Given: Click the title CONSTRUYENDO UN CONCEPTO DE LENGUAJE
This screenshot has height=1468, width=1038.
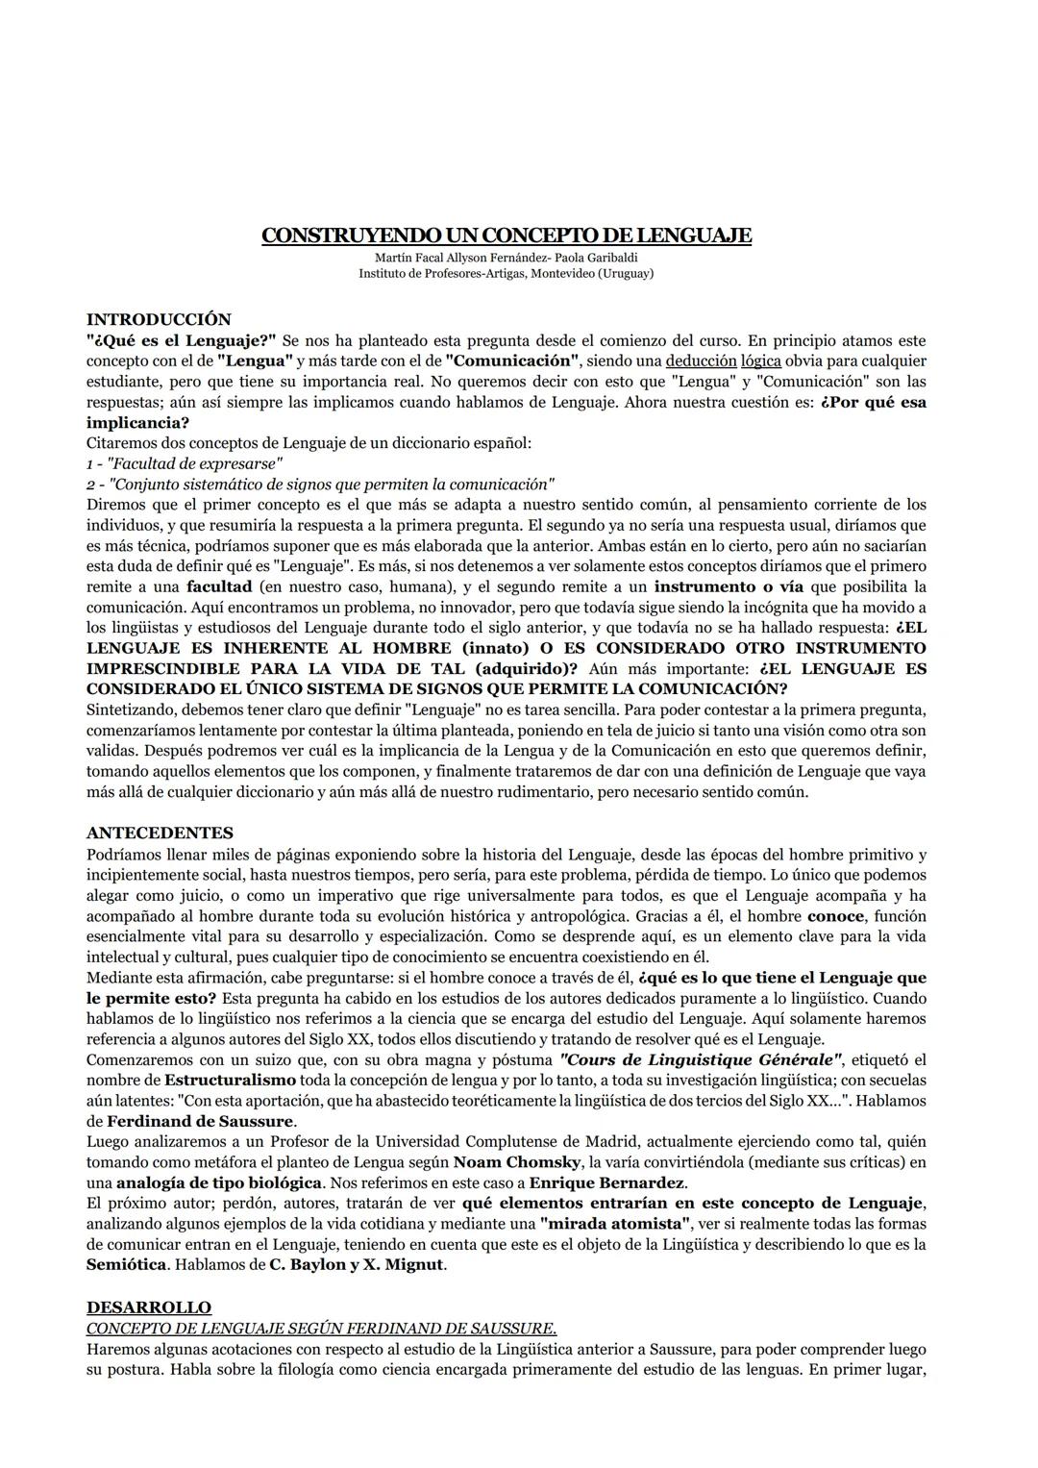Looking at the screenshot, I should click(507, 236).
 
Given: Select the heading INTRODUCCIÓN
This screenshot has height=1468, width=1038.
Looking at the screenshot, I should click(159, 319).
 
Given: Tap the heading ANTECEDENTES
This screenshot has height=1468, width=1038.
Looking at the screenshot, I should click(160, 833).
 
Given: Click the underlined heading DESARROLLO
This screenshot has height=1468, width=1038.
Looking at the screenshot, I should click(148, 1307).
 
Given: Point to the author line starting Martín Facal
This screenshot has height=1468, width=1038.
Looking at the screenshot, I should click(506, 258).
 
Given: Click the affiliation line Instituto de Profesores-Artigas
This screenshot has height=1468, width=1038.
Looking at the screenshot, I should click(506, 273).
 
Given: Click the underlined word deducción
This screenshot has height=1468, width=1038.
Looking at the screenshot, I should click(701, 361).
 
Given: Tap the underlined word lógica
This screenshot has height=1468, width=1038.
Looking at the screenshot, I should click(760, 361).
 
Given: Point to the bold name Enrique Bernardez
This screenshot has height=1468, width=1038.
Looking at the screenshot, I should click(607, 1182).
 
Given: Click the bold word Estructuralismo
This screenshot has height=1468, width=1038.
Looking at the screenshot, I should click(216, 1080).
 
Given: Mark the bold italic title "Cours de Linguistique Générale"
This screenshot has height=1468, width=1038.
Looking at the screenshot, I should click(701, 1059).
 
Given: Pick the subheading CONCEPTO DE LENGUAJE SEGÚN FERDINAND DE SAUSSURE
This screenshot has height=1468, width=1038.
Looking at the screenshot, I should click(321, 1328).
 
